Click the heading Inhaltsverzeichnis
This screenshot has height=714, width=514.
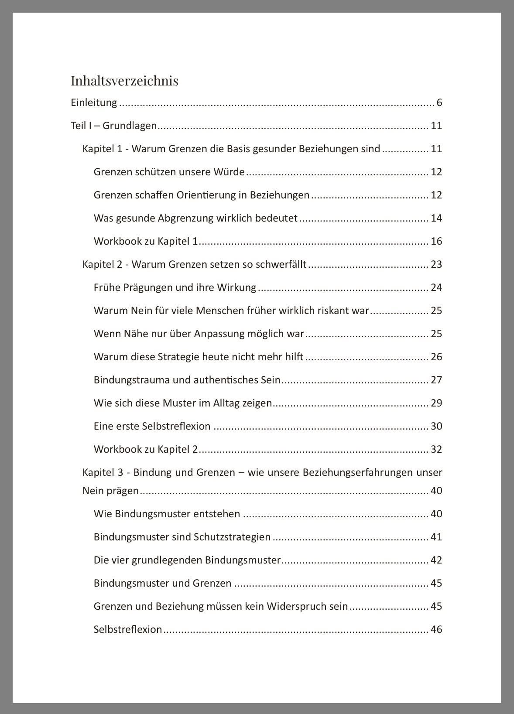(x=124, y=81)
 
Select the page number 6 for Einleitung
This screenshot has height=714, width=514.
(x=439, y=103)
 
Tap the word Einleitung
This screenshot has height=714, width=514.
(x=94, y=103)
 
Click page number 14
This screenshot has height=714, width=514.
(x=436, y=218)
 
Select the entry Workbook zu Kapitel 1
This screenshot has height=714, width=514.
(x=146, y=241)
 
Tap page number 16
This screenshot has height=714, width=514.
(x=436, y=241)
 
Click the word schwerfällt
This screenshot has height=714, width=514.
(x=281, y=264)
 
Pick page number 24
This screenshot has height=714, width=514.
(x=436, y=287)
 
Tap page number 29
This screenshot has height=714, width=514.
(x=436, y=403)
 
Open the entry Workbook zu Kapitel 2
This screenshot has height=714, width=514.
(x=146, y=449)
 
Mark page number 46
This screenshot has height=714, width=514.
(x=436, y=629)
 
